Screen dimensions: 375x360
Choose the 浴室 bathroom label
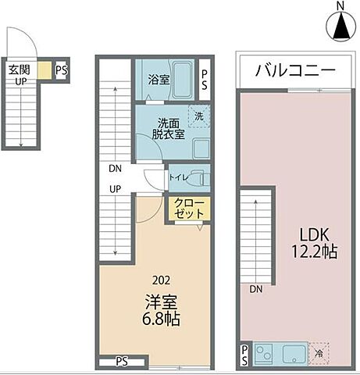159,78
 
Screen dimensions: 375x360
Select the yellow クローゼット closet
188,209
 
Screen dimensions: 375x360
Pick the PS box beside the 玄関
61,70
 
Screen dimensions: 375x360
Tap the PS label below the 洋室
122,361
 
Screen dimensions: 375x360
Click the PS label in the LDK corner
244,355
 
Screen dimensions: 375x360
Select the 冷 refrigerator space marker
319,353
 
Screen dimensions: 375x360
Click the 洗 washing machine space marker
198,116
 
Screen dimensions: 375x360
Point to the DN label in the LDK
256,289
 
